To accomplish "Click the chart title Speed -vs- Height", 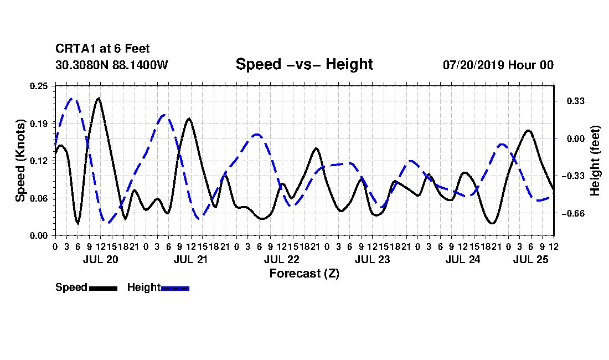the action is coord(304,64).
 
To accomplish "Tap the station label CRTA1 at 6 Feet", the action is coord(102,49).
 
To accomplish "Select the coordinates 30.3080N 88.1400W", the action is coord(112,65).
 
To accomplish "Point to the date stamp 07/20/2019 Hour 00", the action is coord(498,65).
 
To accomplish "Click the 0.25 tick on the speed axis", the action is coord(39,86).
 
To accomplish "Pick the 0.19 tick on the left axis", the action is coord(39,124).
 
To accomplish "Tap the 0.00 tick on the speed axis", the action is coord(39,236).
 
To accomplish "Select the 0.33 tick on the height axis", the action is coord(576,101).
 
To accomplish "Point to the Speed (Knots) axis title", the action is coord(20,161).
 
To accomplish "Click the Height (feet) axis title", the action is coord(595,161).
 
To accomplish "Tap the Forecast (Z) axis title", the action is coord(304,274).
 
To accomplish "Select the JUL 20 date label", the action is coord(101,259).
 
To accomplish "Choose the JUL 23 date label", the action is coord(372,259).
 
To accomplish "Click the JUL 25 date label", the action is coord(530,259).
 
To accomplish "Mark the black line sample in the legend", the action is coord(103,288).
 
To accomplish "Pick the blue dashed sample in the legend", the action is coord(175,288).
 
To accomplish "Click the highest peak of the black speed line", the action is coord(99,98).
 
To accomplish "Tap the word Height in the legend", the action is coord(144,287).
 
